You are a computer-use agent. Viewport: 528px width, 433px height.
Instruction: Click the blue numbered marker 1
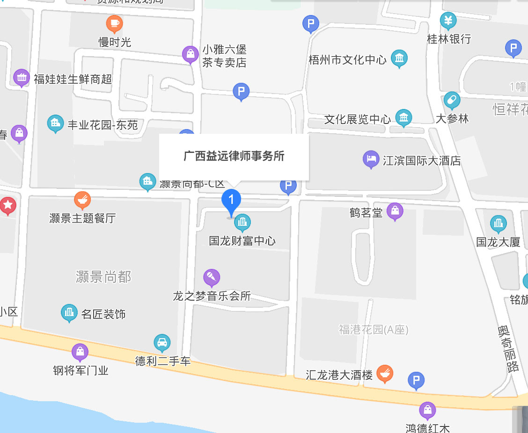pos(231,200)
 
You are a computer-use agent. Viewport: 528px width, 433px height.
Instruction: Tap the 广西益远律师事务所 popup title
pos(234,156)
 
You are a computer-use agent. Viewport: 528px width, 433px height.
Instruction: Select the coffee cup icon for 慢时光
pos(114,23)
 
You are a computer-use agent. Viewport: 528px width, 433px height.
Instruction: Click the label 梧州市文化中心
pos(347,60)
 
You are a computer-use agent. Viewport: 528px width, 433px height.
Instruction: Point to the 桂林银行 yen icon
pos(448,21)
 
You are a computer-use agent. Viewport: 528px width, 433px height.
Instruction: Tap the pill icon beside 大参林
pos(452,100)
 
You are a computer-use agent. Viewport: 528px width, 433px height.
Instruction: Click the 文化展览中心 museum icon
pos(403,118)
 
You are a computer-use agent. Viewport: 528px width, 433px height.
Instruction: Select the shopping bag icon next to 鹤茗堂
pos(395,211)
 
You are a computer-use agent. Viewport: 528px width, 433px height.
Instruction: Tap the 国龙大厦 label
pos(498,242)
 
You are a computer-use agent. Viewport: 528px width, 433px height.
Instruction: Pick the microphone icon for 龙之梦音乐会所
pos(212,278)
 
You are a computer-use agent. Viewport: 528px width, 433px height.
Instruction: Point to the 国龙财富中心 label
pos(242,241)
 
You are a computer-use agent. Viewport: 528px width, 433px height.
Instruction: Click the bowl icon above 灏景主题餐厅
pos(82,200)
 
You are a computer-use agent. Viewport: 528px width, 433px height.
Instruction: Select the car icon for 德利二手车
pos(162,343)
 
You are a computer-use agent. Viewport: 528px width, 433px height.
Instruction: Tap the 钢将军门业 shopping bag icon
pos(80,352)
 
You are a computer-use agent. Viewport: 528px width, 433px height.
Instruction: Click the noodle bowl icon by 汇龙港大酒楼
pos(385,373)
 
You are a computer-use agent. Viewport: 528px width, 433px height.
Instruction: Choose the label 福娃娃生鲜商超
pos(73,79)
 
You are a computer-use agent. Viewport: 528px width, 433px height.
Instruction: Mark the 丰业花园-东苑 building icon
pos(56,123)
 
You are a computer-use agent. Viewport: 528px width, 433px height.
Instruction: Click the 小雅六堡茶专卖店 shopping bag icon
pos(191,55)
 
